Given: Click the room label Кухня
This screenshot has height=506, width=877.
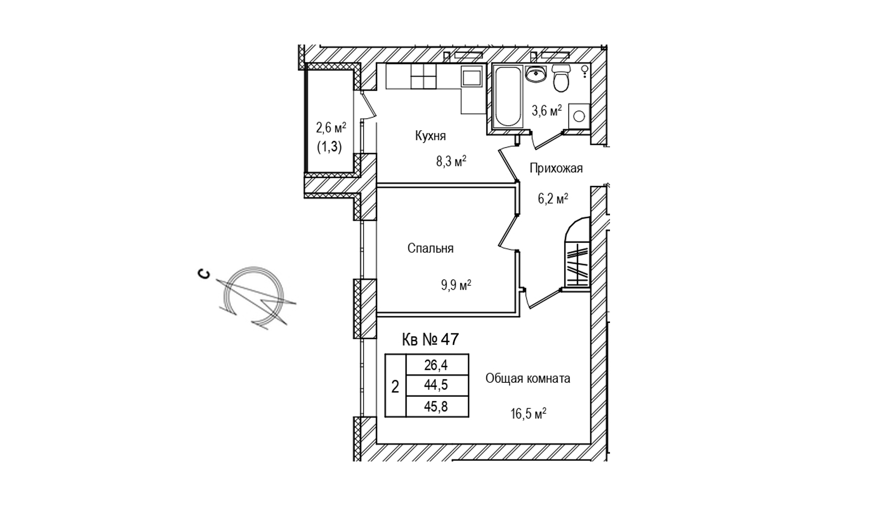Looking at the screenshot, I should pos(430,136).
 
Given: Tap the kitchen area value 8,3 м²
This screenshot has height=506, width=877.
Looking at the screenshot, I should pos(451,161).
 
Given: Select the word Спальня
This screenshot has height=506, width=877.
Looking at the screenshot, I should pos(430,249).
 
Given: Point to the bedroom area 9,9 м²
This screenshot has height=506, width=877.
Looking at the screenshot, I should pos(455,286).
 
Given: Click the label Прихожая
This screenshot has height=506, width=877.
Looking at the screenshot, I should pos(556,169).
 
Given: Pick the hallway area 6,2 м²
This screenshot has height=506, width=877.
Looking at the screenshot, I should pos(552,199).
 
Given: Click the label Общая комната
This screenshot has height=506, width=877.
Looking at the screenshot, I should pos(527,379).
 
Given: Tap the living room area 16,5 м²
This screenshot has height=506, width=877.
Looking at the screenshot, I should pos(527,414).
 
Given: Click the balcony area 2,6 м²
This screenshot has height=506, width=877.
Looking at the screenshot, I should pos(331,128).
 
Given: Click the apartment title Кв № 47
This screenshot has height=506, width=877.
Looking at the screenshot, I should pos(430,340).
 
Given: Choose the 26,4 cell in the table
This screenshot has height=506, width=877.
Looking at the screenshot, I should pos(436,365).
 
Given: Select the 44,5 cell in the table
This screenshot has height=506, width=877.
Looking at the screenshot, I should pos(436,386).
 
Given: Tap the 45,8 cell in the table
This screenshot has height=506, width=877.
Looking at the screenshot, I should pos(436,407).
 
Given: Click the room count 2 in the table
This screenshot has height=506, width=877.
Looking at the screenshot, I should pos(395,386).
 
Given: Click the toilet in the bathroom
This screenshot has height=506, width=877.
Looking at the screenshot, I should pos(561,80).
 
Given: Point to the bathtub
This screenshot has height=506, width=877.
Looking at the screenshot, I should pos(507,96).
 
